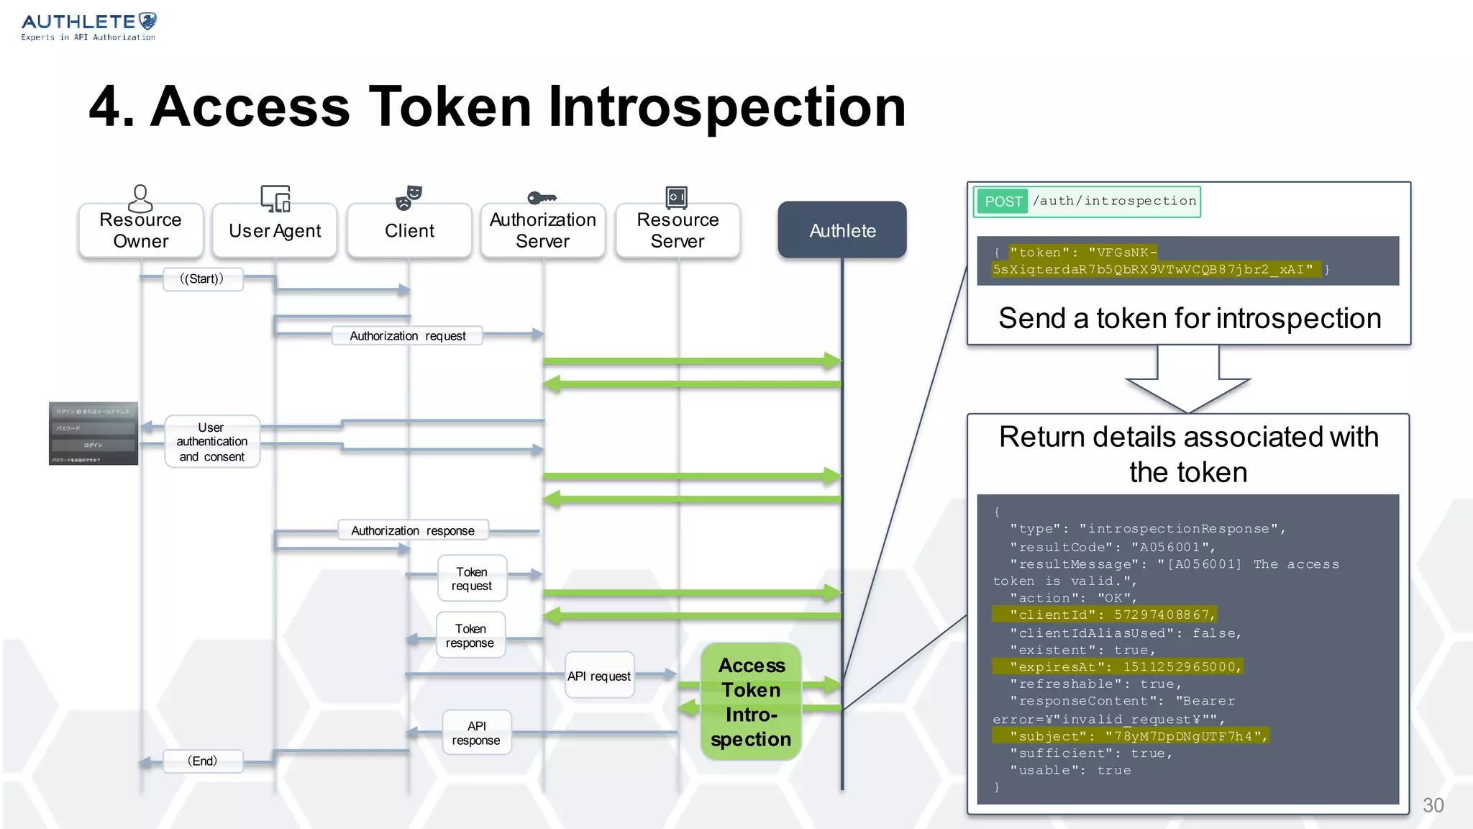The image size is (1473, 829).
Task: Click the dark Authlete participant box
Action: click(842, 230)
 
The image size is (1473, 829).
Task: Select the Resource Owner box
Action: click(140, 230)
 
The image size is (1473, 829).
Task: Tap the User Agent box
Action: click(274, 230)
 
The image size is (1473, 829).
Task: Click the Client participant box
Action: click(409, 230)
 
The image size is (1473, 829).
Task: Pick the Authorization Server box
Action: click(542, 230)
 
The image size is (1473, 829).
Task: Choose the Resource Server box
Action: click(677, 230)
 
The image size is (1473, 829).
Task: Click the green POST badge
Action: click(1003, 201)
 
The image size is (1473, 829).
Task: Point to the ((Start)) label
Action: click(202, 279)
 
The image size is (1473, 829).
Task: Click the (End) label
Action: click(202, 761)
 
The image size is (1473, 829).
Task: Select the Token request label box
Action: click(472, 579)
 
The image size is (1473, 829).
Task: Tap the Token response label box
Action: click(470, 635)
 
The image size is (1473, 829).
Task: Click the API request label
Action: click(599, 676)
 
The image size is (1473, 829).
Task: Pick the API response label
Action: click(476, 733)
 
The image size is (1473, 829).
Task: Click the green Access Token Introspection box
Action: click(751, 702)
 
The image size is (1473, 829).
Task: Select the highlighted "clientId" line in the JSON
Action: click(1104, 615)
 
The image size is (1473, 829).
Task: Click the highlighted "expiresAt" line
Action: click(1117, 667)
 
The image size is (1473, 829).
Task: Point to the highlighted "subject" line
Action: click(1129, 736)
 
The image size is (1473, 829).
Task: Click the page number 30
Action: click(1432, 805)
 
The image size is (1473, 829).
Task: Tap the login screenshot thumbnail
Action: click(94, 433)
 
